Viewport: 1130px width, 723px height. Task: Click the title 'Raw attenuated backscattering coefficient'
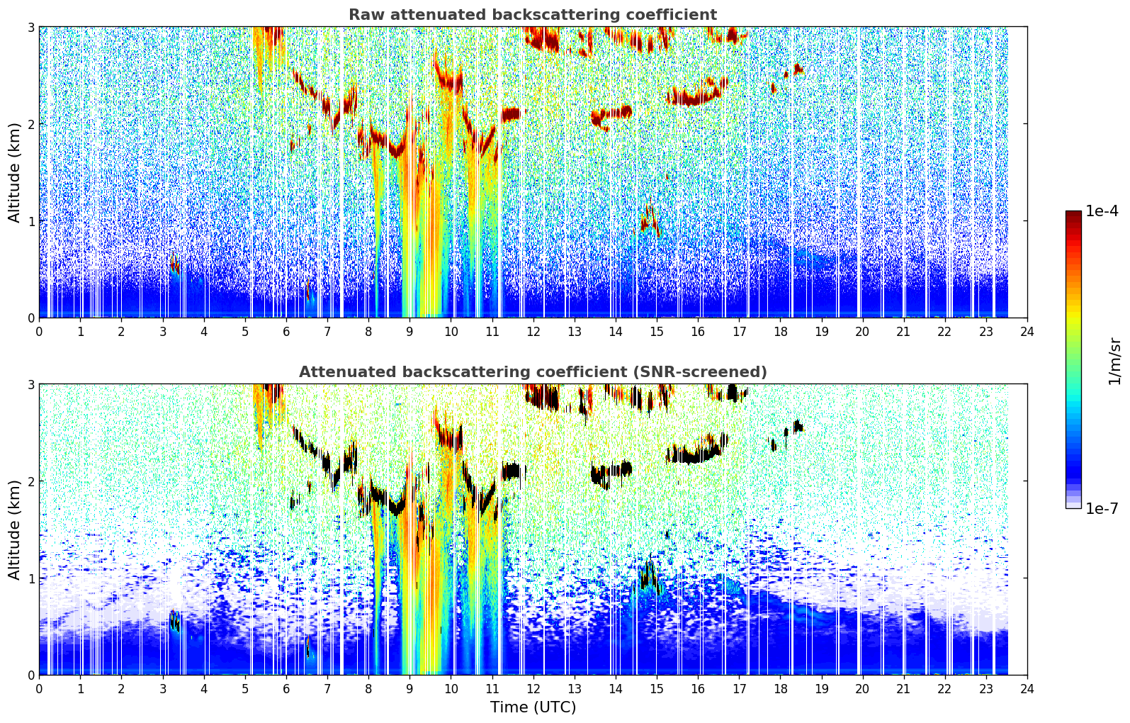(x=533, y=15)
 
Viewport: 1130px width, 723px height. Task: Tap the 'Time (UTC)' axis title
(x=533, y=707)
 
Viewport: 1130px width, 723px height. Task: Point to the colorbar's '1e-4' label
(x=1102, y=211)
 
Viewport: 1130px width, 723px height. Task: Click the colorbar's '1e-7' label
(x=1102, y=508)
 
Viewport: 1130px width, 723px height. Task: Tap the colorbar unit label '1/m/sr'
(x=1114, y=362)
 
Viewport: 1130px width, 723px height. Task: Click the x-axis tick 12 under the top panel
(x=533, y=332)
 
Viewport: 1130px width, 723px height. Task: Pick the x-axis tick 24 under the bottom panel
(x=1027, y=689)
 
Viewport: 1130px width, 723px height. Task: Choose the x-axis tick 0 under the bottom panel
(x=40, y=689)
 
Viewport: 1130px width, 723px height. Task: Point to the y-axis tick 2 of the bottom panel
(x=30, y=481)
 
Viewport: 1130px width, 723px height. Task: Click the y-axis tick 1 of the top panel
(x=30, y=221)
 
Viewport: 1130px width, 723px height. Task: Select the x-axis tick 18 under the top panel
(x=781, y=332)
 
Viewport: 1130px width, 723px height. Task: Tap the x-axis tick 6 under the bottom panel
(x=286, y=689)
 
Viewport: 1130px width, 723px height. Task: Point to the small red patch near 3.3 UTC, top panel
(x=174, y=262)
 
